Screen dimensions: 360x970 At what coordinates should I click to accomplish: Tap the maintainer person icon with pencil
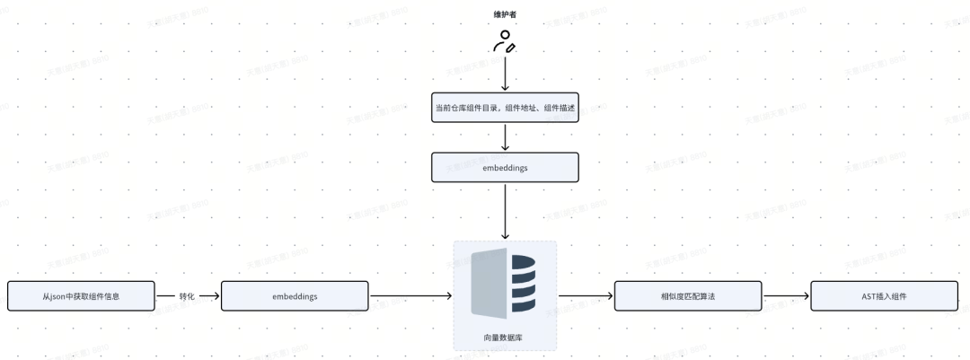(504, 41)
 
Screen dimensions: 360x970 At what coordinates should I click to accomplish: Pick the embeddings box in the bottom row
(295, 295)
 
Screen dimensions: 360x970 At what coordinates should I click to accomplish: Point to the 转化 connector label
(187, 295)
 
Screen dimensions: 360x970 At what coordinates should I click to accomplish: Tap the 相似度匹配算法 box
(688, 295)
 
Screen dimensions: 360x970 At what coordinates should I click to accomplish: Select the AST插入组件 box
(884, 295)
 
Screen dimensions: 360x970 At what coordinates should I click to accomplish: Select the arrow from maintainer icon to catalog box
(505, 74)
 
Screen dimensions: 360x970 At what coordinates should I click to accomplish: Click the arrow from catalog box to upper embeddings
(505, 138)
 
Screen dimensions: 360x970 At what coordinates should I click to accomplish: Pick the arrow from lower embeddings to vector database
(410, 295)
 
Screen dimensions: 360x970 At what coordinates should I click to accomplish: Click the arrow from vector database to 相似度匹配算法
(586, 295)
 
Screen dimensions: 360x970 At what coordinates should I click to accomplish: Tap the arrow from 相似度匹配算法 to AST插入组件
(786, 295)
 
